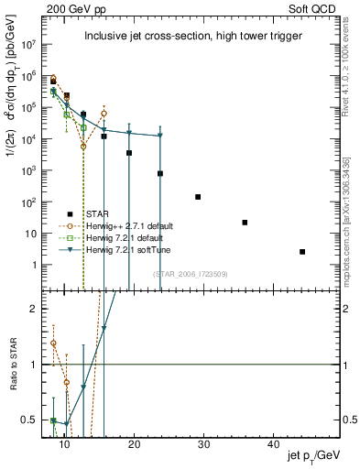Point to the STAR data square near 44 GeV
(302, 252)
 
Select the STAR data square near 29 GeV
(198, 197)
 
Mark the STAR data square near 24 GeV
(160, 173)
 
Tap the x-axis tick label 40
(273, 444)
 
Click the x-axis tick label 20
(134, 444)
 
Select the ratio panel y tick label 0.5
(28, 420)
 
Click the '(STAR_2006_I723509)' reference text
(191, 273)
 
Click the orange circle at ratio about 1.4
(54, 344)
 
